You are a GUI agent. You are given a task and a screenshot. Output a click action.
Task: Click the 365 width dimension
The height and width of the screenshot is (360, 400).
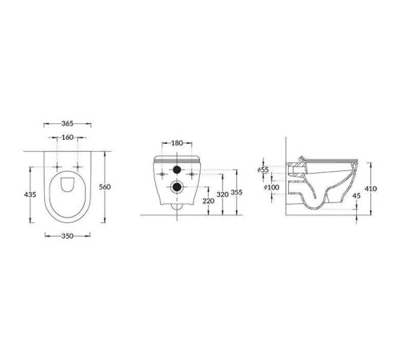66,124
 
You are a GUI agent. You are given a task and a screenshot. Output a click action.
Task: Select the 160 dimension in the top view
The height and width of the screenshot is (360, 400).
66,138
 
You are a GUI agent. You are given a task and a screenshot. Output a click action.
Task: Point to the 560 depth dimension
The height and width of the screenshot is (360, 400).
104,186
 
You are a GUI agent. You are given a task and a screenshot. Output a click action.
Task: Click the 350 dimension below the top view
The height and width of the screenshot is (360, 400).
66,237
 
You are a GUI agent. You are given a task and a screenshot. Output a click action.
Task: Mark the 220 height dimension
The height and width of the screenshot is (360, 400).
208,202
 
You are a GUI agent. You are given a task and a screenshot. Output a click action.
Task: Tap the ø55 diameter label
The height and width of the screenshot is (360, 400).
263,170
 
